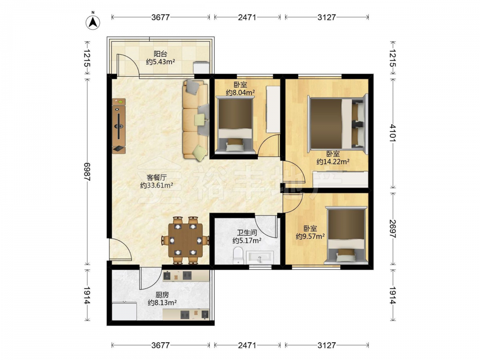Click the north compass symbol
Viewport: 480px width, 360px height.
93,22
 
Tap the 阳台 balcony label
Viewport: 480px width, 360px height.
160,54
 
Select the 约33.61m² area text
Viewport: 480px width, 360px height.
156,185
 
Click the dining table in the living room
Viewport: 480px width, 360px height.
186,240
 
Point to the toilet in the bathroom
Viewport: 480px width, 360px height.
238,256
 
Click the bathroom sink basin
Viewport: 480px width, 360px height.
260,257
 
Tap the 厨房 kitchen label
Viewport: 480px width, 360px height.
162,295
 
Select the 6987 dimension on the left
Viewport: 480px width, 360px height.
87,171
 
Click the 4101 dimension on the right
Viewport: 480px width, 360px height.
393,132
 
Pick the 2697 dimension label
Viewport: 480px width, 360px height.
393,228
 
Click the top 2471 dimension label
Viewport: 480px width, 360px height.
247,17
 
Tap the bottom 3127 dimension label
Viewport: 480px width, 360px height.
326,345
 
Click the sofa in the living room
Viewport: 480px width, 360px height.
196,120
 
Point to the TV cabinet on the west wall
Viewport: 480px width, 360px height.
119,126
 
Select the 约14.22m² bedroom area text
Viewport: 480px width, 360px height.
333,162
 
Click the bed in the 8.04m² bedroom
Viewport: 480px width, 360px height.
235,124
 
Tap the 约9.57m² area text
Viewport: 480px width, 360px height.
310,236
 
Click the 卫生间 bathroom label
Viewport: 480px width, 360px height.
247,233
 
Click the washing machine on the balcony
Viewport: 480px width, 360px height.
201,67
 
